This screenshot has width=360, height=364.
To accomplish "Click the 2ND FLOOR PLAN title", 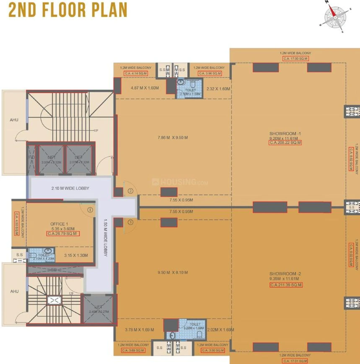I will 68,10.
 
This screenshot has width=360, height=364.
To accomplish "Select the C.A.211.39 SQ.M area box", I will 286,285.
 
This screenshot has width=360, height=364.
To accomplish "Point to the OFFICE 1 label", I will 59,224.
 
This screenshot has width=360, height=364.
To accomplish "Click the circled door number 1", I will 89,210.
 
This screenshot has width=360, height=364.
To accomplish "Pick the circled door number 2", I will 130,191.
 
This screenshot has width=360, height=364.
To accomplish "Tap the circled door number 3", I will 130,222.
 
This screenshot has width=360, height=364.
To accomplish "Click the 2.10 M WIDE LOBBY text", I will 70,188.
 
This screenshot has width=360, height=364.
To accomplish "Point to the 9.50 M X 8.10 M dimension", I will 173,272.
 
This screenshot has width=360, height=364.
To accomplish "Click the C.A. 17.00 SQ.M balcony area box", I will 295,59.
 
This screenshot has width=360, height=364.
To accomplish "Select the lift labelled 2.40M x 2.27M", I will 99,309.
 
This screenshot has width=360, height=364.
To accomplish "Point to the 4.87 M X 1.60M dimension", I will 145,88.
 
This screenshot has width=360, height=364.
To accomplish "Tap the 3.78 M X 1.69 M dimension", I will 140,330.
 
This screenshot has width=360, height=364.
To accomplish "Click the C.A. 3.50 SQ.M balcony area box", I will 212,350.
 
